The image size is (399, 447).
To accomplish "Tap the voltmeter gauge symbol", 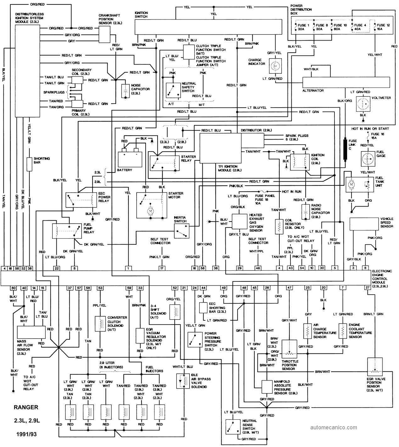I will coord(363,103).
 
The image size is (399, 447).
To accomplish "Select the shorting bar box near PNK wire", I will coord(29,164).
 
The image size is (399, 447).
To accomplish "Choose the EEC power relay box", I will coord(80,199).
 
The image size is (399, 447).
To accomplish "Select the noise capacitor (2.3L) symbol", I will coord(125,91).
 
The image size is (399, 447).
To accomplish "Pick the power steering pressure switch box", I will coord(194,339).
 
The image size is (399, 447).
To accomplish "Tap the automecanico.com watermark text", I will coord(334,427).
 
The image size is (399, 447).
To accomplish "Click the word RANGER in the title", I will coord(26,407).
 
